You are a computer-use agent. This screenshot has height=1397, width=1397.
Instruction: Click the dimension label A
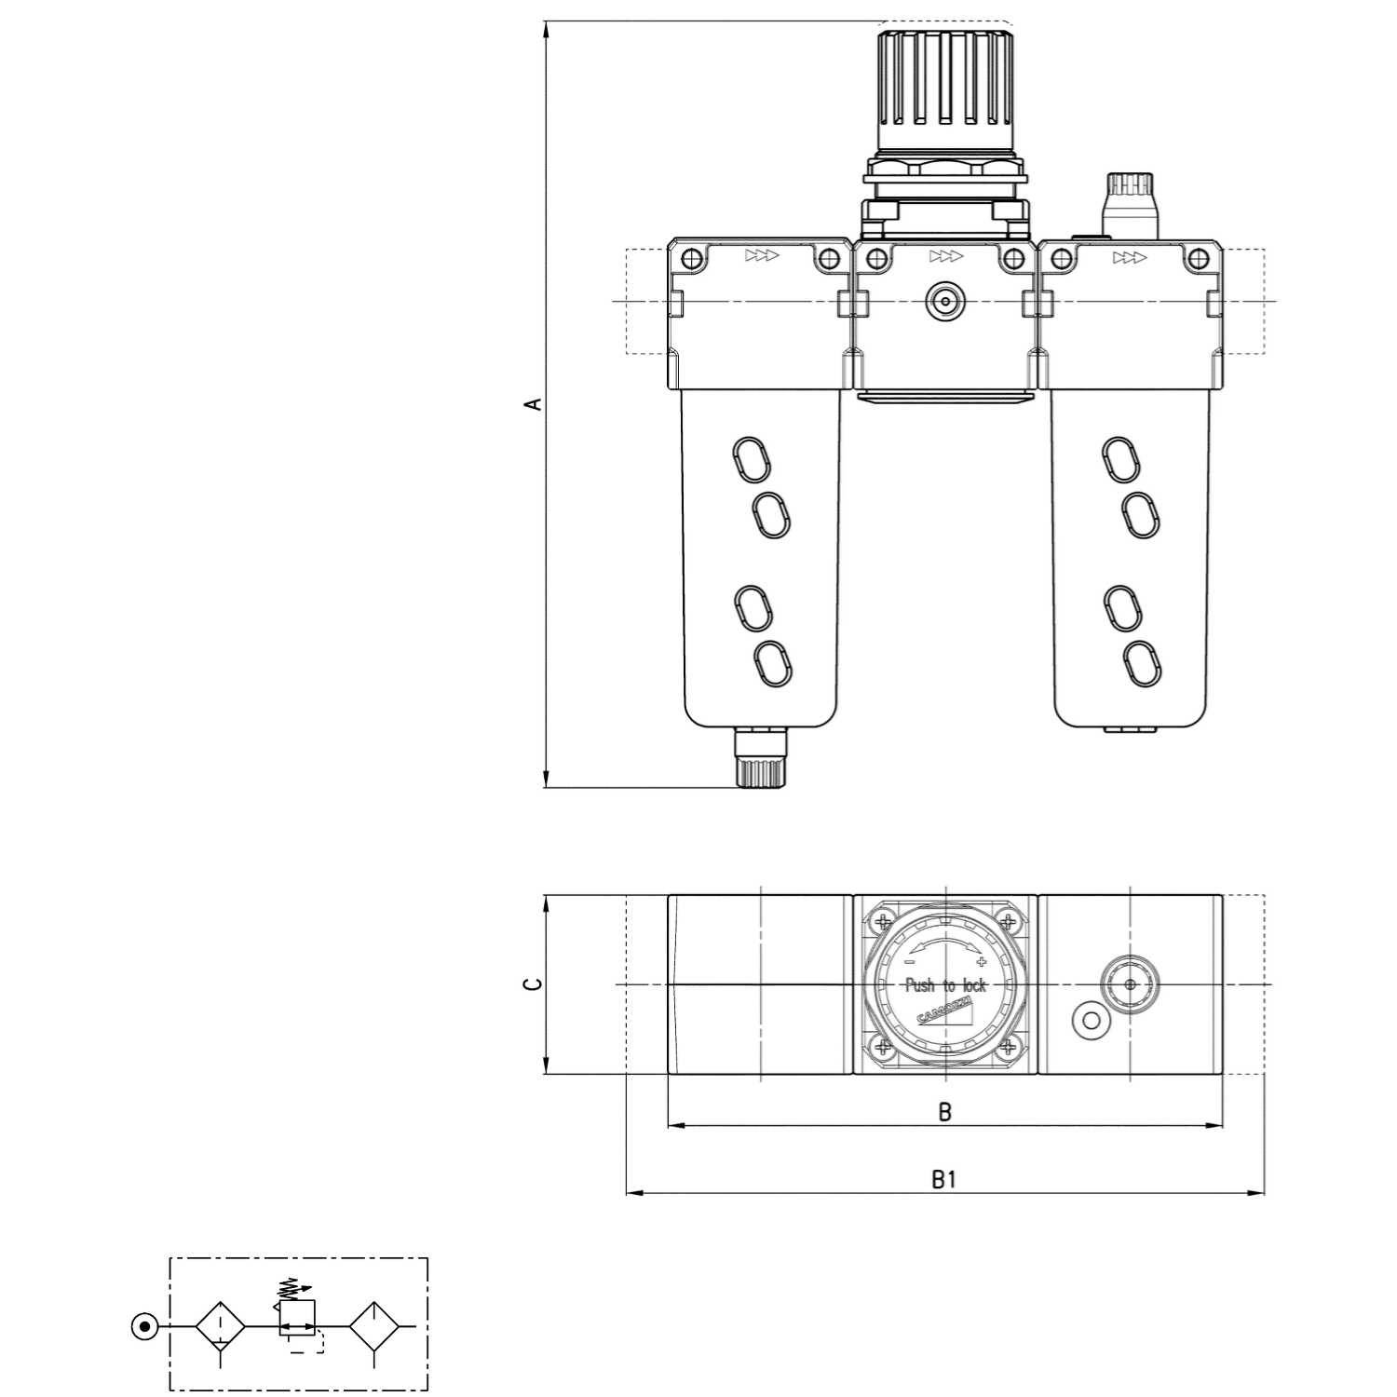(533, 403)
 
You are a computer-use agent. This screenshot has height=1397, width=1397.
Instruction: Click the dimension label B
(944, 1112)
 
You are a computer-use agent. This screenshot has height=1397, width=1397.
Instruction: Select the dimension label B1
(944, 1180)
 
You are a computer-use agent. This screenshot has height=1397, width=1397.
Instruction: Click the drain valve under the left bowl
(760, 758)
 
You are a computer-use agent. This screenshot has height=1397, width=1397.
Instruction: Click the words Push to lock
(945, 985)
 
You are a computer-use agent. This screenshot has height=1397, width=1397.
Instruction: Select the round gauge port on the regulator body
(944, 302)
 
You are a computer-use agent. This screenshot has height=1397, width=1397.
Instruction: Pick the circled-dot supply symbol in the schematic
(144, 1325)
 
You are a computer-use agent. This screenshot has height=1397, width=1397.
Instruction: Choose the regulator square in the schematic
(297, 1318)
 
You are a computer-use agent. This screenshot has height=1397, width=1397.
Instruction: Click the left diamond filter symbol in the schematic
(220, 1325)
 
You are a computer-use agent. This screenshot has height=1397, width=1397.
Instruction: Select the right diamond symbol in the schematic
(374, 1325)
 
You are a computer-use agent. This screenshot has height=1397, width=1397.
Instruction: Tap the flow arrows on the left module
(762, 256)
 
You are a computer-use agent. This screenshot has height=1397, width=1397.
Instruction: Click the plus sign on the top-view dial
(981, 962)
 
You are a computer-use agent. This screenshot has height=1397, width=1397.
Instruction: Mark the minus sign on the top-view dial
(911, 962)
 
